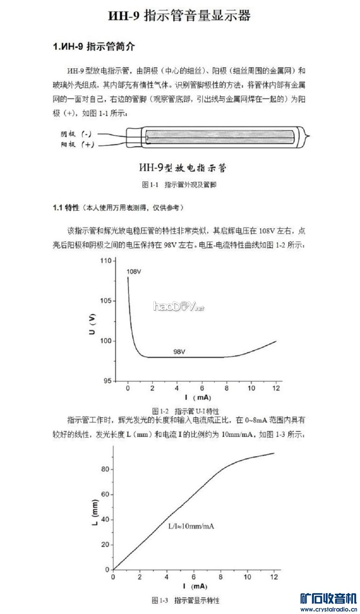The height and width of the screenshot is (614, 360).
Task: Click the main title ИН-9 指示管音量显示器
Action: [x=179, y=16]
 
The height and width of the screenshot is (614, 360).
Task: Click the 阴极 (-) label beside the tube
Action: [x=76, y=134]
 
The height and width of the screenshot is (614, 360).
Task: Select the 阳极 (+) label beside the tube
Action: [x=77, y=144]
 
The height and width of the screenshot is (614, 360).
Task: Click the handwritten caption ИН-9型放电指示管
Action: [x=182, y=167]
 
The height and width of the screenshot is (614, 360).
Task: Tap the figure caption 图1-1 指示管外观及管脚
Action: [x=179, y=185]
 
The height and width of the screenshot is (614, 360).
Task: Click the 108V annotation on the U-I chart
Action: [x=134, y=272]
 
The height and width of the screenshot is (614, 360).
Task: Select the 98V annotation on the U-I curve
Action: [x=179, y=351]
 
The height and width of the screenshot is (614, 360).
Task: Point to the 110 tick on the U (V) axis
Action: [x=106, y=261]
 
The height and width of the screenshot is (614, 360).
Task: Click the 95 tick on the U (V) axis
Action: [x=108, y=381]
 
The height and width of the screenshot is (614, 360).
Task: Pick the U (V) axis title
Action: [x=93, y=324]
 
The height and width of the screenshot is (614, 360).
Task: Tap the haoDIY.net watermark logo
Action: [x=178, y=306]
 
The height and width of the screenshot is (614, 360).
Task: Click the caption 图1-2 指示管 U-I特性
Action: [x=185, y=411]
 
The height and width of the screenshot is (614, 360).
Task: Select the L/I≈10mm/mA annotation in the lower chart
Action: [x=191, y=526]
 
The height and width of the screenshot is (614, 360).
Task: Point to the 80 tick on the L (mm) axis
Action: [x=105, y=469]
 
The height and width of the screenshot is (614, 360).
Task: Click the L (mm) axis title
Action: [x=95, y=512]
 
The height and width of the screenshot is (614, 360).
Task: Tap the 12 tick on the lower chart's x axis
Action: [x=274, y=577]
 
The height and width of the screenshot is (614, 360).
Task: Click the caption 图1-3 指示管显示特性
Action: [x=185, y=600]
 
